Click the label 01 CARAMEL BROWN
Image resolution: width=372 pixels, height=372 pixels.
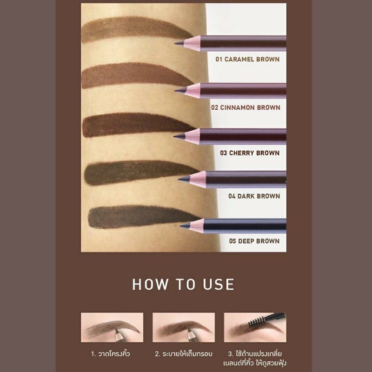pyautogui.click(x=247, y=60)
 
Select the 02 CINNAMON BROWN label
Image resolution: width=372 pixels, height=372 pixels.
pyautogui.click(x=246, y=107)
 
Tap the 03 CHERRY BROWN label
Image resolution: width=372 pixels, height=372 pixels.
pyautogui.click(x=250, y=153)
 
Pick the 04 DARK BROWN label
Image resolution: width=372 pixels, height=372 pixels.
pyautogui.click(x=254, y=196)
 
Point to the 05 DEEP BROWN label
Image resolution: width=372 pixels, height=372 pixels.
pyautogui.click(x=254, y=241)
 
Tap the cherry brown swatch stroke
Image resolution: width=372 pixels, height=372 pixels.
pyautogui.click(x=135, y=125)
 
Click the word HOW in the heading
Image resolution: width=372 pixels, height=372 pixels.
pyautogui.click(x=150, y=284)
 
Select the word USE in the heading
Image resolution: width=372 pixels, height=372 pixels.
pyautogui.click(x=219, y=284)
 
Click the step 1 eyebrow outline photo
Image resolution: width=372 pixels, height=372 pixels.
pyautogui.click(x=112, y=327)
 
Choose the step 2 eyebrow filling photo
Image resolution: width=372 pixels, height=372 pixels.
pyautogui.click(x=184, y=327)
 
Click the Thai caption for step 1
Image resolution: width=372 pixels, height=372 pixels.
pyautogui.click(x=111, y=354)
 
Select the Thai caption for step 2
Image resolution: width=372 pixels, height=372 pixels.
pyautogui.click(x=184, y=354)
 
